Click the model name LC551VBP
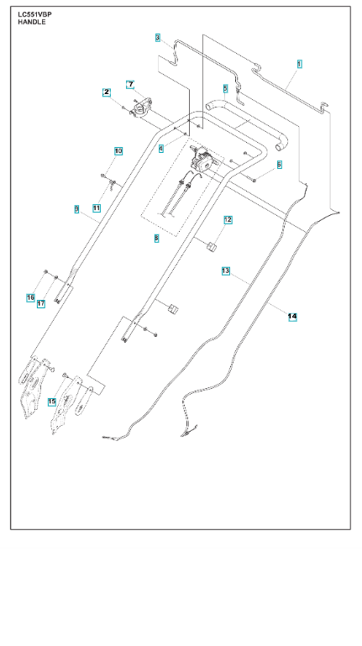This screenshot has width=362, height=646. click(34, 15)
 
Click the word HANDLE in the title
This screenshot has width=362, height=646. click(32, 22)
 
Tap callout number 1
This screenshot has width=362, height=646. click(299, 64)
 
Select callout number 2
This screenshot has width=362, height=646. click(107, 92)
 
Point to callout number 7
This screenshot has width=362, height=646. click(130, 85)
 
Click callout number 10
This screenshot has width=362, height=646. click(118, 151)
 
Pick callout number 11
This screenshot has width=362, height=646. click(97, 208)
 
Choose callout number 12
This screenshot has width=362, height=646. click(228, 220)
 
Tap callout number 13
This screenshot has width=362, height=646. click(226, 271)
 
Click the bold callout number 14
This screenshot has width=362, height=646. click(292, 317)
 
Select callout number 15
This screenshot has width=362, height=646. click(52, 402)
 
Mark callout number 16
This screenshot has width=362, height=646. click(30, 297)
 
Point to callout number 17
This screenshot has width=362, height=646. click(41, 304)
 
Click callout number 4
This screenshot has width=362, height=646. click(161, 148)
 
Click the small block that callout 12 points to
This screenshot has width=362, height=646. click(212, 246)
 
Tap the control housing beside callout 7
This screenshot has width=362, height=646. click(142, 108)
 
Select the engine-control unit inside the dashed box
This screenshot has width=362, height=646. click(202, 158)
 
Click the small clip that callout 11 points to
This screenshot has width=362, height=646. click(112, 181)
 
